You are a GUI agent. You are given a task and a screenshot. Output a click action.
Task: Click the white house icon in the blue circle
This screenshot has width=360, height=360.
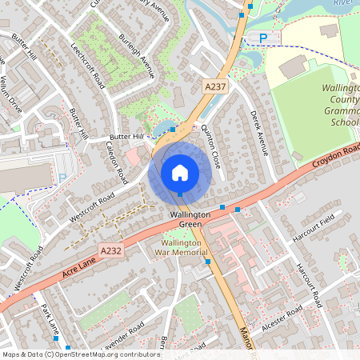[x=180, y=171]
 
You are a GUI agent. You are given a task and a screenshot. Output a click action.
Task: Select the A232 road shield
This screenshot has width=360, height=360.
[x=111, y=250]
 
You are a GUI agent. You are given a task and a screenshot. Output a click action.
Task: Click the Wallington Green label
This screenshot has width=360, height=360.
[x=190, y=220]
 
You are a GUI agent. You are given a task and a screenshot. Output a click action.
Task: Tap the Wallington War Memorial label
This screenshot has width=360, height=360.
[x=186, y=248]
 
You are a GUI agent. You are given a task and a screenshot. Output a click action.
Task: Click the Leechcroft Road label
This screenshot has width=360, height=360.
[x=87, y=64]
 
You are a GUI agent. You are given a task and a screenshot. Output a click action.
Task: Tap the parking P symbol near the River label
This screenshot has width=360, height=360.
[x=265, y=38]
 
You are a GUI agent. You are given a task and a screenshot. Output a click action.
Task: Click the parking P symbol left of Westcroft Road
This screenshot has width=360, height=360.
[x=62, y=178]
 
